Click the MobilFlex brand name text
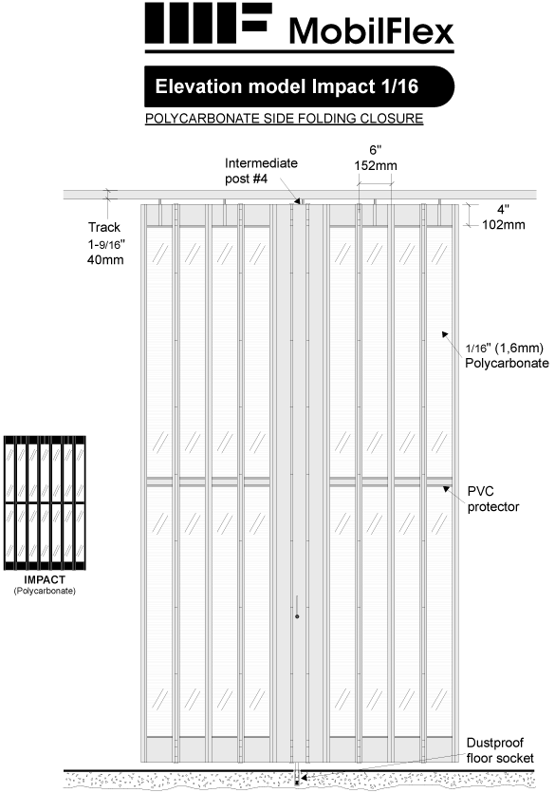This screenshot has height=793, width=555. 371,30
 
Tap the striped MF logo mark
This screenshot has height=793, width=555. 208,23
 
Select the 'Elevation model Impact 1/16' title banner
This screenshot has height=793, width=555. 299,86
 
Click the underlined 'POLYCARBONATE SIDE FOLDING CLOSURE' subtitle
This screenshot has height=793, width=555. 284,119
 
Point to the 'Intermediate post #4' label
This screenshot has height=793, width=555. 261,170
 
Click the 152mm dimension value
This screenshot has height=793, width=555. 376,165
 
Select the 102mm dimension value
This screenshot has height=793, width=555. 504,224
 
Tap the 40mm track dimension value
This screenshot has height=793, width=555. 105,260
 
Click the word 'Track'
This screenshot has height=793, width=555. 104,227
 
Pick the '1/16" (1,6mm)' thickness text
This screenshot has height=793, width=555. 504,348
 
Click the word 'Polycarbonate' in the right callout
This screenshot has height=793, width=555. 507,363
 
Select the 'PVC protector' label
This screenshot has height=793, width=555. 493,499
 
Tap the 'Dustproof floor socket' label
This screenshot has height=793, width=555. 500,750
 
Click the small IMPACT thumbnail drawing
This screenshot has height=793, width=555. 45,503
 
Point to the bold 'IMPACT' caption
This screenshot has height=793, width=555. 45,579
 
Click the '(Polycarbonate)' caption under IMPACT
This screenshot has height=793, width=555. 45,591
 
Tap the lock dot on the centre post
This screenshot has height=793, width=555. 297,616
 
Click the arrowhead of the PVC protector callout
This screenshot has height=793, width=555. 446,488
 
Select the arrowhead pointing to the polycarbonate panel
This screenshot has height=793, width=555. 445,334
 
